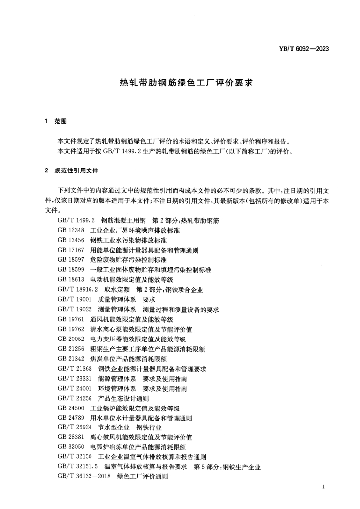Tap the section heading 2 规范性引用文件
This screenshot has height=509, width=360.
tap(72, 170)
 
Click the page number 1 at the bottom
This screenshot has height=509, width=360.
tap(324, 486)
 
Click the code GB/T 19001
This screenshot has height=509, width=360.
tap(75, 300)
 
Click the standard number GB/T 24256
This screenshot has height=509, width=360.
tap(75, 398)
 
